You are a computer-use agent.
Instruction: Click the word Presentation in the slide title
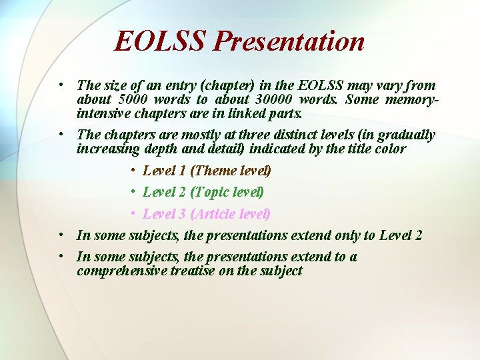click(289, 41)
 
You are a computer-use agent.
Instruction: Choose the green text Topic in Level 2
click(214, 192)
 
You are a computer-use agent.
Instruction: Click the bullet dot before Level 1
click(133, 171)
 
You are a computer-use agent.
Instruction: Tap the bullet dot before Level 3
click(133, 214)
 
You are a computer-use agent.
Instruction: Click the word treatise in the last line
click(195, 271)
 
